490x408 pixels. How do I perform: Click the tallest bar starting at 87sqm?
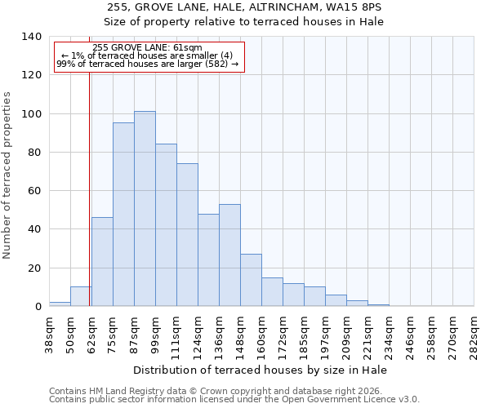coord(145,209)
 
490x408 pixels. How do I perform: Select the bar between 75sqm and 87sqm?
coord(123,215)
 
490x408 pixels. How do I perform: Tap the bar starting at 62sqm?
coord(102,262)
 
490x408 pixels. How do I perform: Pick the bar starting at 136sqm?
coord(229,255)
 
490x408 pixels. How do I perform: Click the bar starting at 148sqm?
coord(251,280)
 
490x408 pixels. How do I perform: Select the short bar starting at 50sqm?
coord(81,297)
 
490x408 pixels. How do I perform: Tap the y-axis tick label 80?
coord(34,153)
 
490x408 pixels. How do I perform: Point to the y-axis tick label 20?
coord(34,268)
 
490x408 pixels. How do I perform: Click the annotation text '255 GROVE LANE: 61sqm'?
coord(148,48)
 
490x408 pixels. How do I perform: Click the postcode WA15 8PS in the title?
coord(359,7)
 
